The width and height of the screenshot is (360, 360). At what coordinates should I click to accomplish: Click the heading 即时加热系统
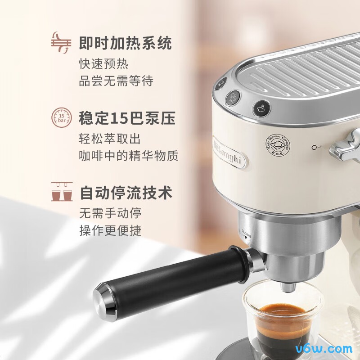point(125,44)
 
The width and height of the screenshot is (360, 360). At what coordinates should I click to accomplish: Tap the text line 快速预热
point(103,64)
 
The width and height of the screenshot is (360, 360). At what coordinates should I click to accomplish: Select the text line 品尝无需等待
point(116,81)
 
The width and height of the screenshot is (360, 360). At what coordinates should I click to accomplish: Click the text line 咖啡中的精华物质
point(129,156)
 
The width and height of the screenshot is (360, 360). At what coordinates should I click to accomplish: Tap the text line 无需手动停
point(110,213)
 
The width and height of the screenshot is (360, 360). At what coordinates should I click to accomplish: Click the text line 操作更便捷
point(110,230)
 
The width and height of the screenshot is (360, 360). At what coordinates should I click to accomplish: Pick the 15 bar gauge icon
point(61,118)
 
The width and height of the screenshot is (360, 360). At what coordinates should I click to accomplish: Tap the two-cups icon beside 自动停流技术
point(62,191)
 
